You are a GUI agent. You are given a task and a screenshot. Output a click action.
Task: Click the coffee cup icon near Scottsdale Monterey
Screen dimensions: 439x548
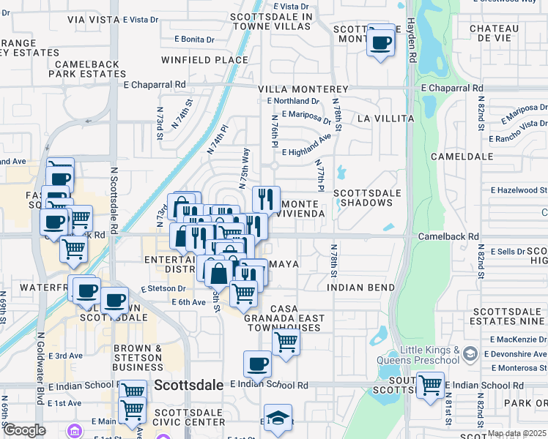pyautogui.click(x=380, y=42)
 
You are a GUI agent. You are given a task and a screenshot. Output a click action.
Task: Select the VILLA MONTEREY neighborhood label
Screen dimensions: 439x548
pyautogui.click(x=303, y=89)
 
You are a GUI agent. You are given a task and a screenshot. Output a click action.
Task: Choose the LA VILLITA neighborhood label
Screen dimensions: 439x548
pyautogui.click(x=385, y=119)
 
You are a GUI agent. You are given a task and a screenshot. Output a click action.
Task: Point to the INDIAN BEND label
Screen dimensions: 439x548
pyautogui.click(x=361, y=288)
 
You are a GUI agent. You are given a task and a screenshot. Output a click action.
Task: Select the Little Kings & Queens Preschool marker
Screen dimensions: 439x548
pyautogui.click(x=470, y=355)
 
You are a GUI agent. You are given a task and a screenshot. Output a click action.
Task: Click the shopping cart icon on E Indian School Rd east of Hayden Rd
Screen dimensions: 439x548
pyautogui.click(x=429, y=383)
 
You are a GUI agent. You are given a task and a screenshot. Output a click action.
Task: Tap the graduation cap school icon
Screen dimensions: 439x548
pyautogui.click(x=278, y=419)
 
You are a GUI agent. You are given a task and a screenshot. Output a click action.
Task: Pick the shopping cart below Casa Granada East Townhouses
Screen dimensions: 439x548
pyautogui.click(x=286, y=341)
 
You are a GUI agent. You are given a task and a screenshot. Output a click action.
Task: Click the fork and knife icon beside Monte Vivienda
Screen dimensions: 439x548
pyautogui.click(x=266, y=199)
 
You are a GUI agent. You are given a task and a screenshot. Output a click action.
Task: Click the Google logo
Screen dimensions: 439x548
pyautogui.click(x=24, y=430)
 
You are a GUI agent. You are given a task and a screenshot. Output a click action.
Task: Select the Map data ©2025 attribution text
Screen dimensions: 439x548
pyautogui.click(x=516, y=434)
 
